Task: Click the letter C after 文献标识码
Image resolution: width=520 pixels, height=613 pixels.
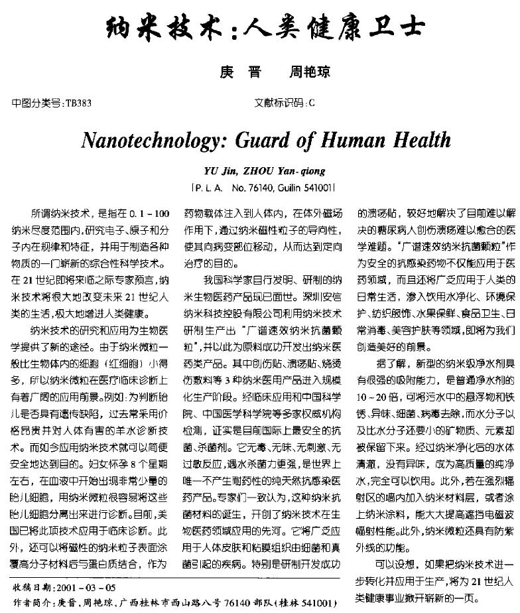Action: pyautogui.click(x=312, y=103)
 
